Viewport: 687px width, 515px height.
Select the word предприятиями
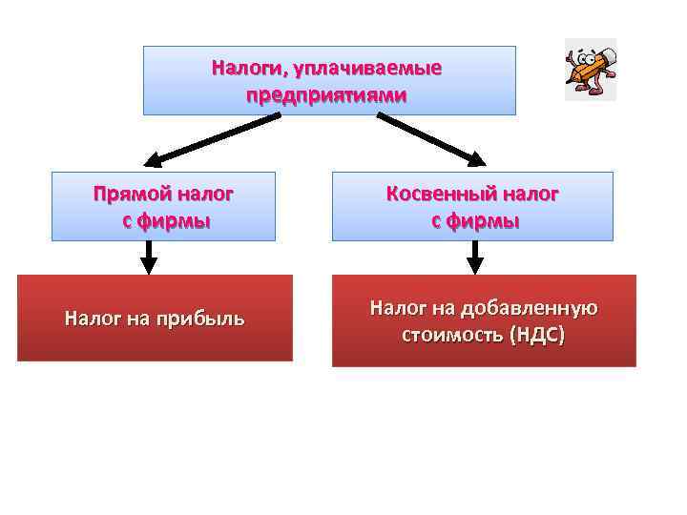point(326,95)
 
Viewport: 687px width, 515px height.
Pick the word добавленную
point(529,308)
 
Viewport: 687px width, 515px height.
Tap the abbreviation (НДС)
point(536,336)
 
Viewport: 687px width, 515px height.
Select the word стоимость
point(453,336)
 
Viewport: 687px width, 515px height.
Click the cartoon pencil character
point(590,70)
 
